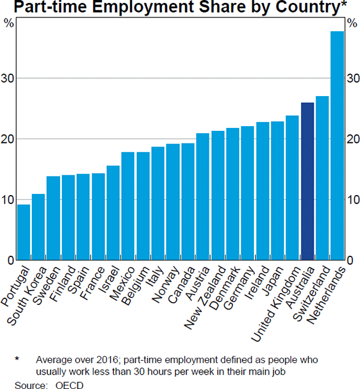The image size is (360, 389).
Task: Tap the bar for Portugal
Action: pyautogui.click(x=24, y=232)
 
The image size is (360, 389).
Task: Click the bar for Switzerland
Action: pyautogui.click(x=322, y=178)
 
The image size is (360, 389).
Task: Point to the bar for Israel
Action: pyautogui.click(x=113, y=213)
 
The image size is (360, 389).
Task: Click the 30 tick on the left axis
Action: pyautogui.click(x=11, y=78)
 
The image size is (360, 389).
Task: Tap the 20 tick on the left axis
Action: pyautogui.click(x=11, y=139)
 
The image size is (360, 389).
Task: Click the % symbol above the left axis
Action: pyautogui.click(x=8, y=23)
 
